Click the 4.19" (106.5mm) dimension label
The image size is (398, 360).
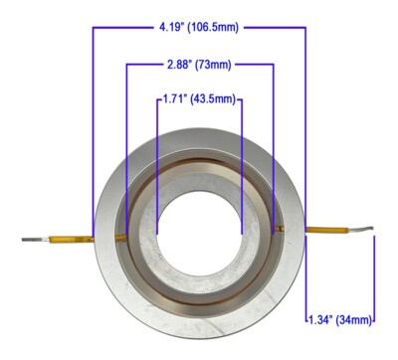tap(199, 27)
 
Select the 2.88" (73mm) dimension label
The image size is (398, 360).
tap(199, 65)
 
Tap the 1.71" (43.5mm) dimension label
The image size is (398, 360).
tap(199, 99)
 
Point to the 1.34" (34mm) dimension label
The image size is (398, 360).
tap(340, 320)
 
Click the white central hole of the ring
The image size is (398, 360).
tap(200, 234)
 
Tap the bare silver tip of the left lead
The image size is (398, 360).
tap(31, 239)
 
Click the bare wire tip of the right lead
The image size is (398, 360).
tap(361, 229)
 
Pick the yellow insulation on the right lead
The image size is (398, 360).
tap(327, 230)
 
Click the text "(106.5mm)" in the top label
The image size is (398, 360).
tap(213, 27)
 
